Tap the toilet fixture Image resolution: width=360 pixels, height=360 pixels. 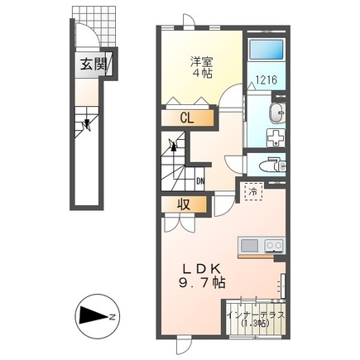(x=274, y=166)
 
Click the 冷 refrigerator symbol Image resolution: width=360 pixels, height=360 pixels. (x=251, y=192)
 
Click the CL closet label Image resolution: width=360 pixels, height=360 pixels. (x=187, y=118)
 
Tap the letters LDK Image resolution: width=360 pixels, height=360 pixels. (x=201, y=266)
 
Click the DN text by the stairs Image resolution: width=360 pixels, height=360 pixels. (x=200, y=182)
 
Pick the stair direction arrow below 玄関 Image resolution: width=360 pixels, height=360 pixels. (x=85, y=126)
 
